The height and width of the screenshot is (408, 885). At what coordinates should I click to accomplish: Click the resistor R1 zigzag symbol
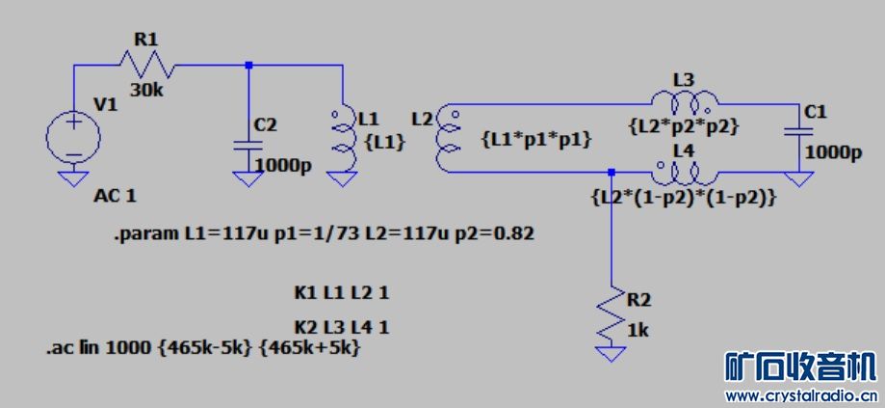pos(145,65)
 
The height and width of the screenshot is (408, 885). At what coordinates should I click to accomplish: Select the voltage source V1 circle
pos(72,134)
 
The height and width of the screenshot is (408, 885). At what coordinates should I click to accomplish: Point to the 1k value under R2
pos(638,330)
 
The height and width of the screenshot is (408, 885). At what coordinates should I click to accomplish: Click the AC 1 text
pos(115,197)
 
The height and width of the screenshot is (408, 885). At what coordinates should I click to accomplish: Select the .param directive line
pos(323,233)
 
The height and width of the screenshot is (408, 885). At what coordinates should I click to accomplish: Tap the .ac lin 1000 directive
pos(203,347)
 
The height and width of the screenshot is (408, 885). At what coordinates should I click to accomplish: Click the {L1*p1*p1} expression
pos(534,140)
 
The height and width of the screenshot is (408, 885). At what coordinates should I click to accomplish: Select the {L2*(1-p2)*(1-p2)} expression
pos(683,197)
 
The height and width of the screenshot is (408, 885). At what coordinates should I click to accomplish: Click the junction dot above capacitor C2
pos(248,66)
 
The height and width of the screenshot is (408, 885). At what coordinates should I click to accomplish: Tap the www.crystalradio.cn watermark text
pos(800,395)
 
